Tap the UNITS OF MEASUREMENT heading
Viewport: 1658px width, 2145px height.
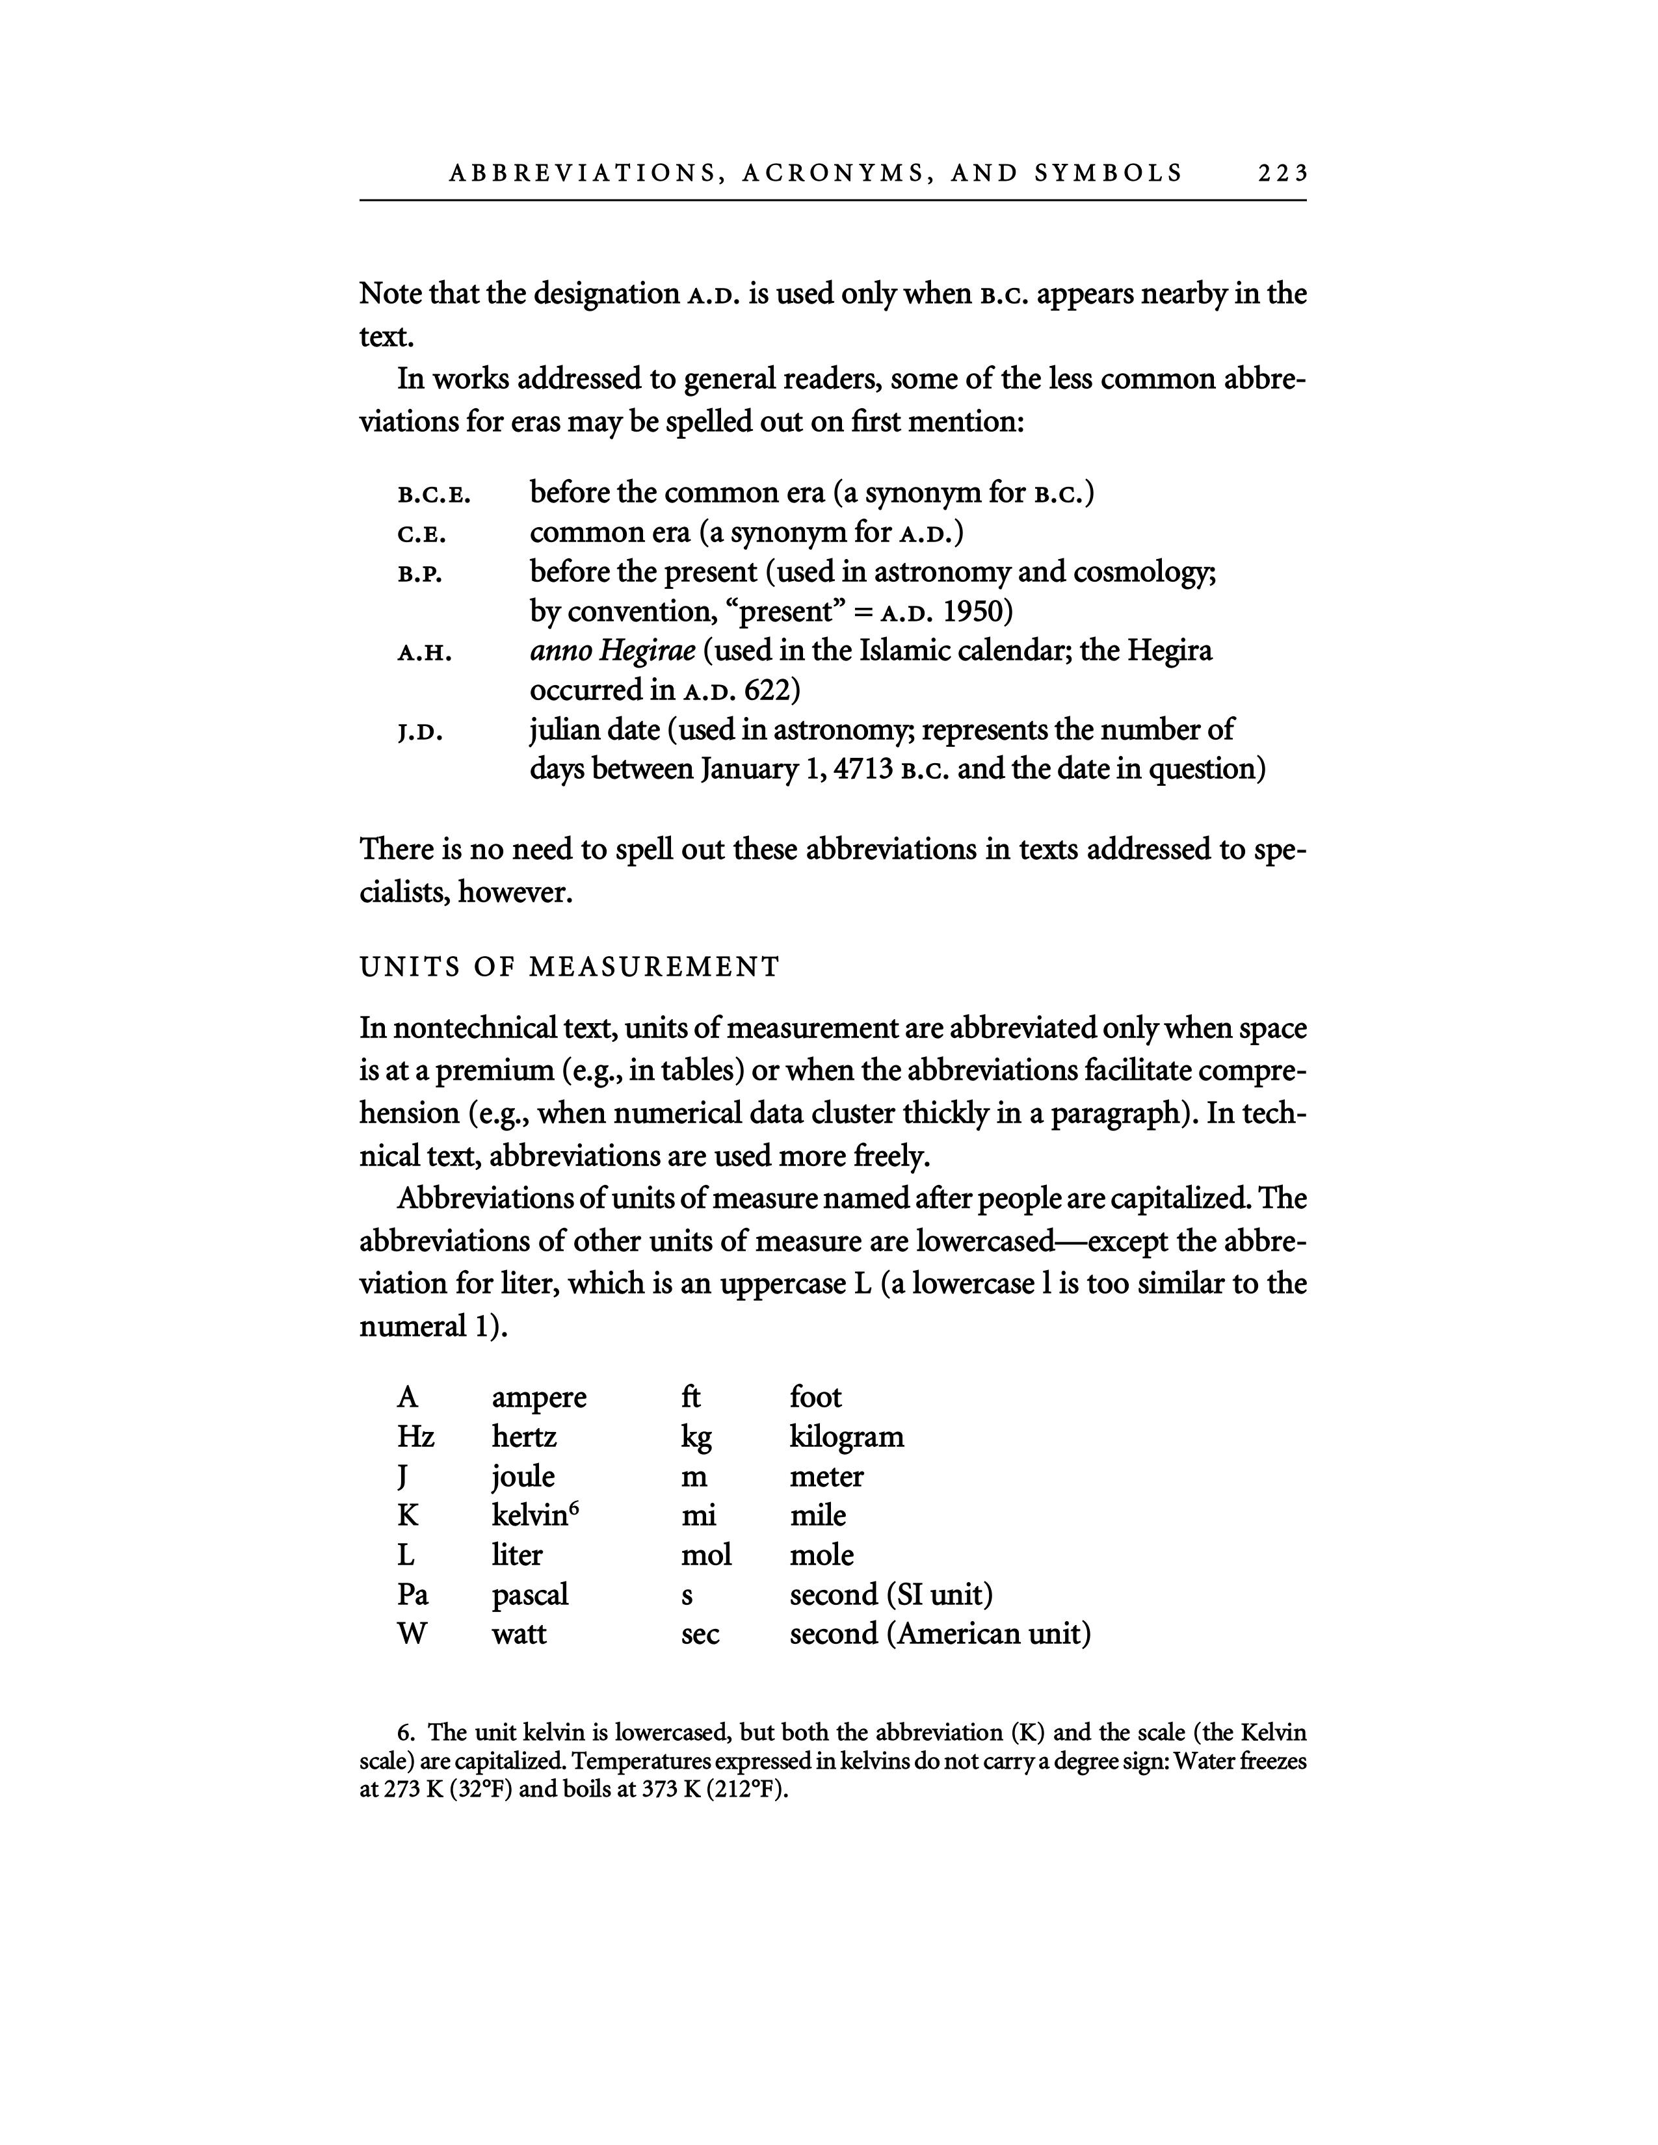[x=570, y=967]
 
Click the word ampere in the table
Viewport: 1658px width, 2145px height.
[x=539, y=1397]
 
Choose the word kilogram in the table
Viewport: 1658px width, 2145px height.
[x=847, y=1437]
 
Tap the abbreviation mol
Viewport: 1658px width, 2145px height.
[x=706, y=1555]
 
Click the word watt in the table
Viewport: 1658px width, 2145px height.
[x=519, y=1634]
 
